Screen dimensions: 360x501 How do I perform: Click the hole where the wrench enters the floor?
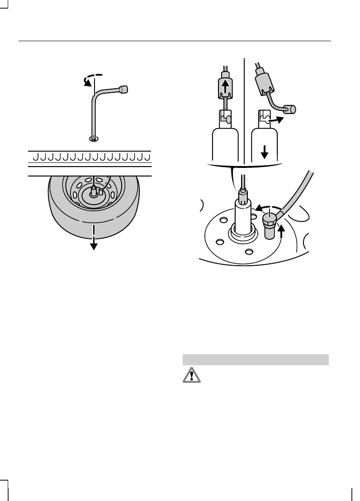(x=94, y=138)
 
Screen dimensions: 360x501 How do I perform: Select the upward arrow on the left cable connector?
(x=225, y=85)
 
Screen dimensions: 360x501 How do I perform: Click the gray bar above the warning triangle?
(x=255, y=359)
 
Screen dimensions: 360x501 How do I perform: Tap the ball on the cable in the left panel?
(x=229, y=119)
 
